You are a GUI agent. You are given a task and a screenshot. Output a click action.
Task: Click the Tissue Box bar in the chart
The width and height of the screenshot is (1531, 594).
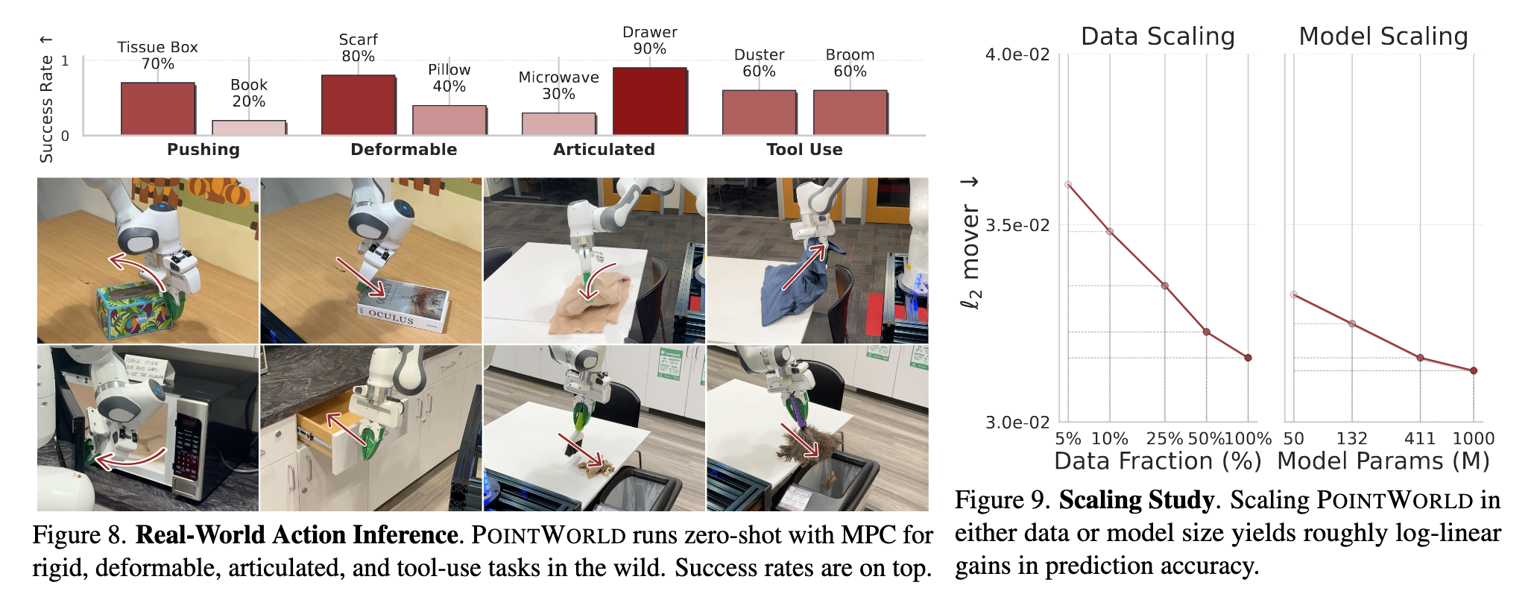158,108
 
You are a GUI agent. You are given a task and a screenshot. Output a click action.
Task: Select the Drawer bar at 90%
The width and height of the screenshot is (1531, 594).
649,101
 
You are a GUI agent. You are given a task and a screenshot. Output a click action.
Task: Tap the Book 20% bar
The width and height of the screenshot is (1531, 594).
249,127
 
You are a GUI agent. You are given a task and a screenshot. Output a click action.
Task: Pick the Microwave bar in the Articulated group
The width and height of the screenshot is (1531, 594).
558,124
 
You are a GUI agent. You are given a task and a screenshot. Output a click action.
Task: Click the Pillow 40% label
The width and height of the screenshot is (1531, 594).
449,78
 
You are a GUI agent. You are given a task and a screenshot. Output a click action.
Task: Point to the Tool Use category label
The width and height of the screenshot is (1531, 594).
804,150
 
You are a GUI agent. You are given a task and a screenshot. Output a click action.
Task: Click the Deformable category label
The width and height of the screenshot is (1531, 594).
403,150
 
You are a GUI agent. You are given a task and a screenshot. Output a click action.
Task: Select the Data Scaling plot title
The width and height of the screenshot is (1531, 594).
1158,37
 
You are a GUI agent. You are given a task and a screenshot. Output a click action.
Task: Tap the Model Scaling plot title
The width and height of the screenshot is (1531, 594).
1383,37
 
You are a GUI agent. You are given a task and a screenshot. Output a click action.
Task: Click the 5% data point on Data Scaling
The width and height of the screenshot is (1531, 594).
1068,184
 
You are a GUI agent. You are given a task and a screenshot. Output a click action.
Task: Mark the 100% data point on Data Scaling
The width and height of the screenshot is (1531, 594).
1248,358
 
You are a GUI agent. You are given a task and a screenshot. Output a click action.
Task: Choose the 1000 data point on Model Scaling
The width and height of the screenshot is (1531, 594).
1474,370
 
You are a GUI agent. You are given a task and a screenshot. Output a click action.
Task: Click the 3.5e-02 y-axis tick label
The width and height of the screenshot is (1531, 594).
1017,225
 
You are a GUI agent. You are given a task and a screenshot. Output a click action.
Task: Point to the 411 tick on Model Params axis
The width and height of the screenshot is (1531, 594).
1419,438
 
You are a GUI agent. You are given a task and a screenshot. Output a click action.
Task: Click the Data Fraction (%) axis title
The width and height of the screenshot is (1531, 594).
1158,461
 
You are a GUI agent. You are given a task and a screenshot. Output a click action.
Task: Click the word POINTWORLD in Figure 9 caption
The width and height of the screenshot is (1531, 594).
1395,500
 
